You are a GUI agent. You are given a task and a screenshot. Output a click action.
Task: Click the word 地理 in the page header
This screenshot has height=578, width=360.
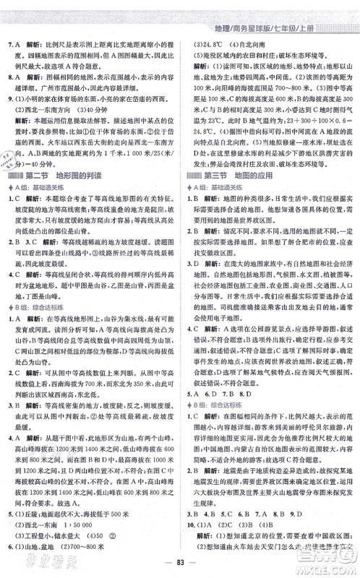pyautogui.click(x=215, y=9)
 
